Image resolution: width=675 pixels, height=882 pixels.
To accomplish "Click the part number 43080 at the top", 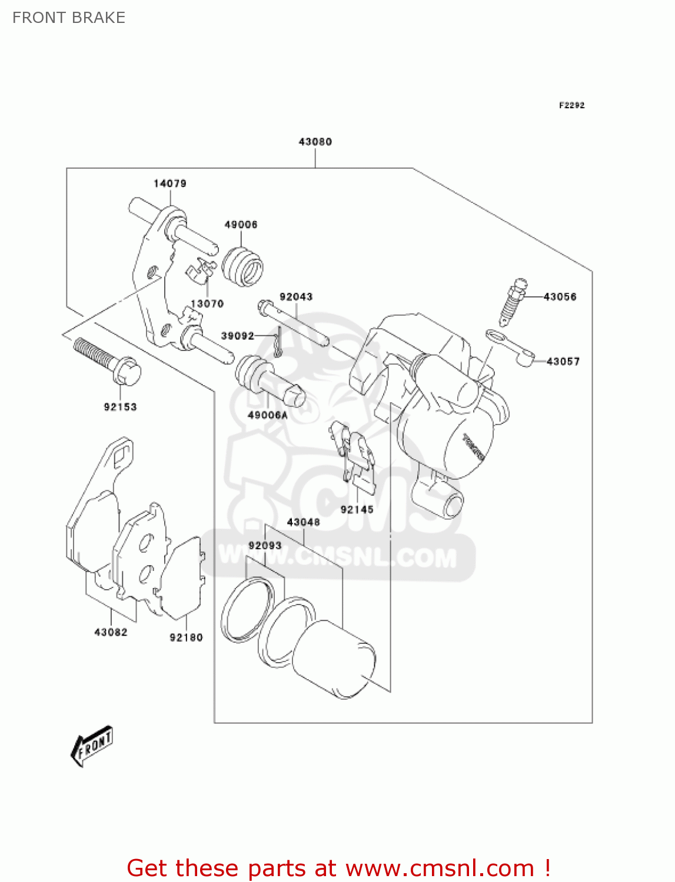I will pyautogui.click(x=315, y=142).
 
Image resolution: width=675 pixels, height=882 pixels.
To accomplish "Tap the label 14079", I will pyautogui.click(x=170, y=183).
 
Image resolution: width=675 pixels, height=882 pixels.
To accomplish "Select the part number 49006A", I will pyautogui.click(x=267, y=415).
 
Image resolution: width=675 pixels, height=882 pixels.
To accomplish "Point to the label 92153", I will pyautogui.click(x=120, y=407).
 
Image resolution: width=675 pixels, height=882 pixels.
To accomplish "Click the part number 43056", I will pyautogui.click(x=560, y=297).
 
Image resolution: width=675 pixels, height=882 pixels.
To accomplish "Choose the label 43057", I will pyautogui.click(x=563, y=362).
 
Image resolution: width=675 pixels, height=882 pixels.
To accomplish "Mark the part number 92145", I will pyautogui.click(x=357, y=510).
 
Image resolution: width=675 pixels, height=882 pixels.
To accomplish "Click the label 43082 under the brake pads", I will pyautogui.click(x=111, y=632).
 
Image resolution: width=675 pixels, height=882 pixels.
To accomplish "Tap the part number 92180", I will pyautogui.click(x=186, y=637).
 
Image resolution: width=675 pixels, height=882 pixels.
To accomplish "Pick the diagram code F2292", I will pyautogui.click(x=571, y=105).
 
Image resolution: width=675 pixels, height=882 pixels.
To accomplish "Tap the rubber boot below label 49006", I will pyautogui.click(x=242, y=266).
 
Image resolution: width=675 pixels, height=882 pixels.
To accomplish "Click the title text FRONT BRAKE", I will pyautogui.click(x=69, y=18).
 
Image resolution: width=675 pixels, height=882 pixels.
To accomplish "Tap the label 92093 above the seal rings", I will pyautogui.click(x=265, y=546).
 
